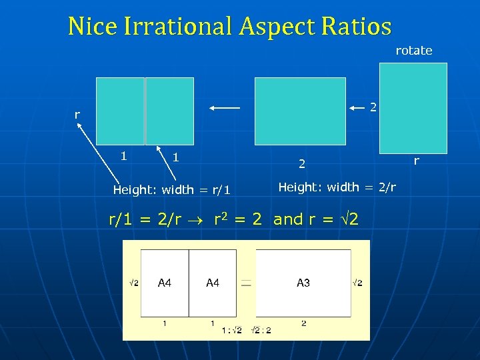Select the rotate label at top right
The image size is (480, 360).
pyautogui.click(x=413, y=51)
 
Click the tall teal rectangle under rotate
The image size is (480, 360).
pyautogui.click(x=413, y=108)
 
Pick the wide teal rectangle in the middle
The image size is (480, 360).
pyautogui.click(x=300, y=111)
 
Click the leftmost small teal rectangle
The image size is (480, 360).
pyautogui.click(x=120, y=111)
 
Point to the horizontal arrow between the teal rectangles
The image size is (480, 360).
pyautogui.click(x=224, y=107)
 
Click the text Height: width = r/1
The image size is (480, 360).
pyautogui.click(x=171, y=190)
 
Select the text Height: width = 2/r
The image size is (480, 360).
pyautogui.click(x=337, y=187)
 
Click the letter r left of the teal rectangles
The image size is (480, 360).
pyautogui.click(x=77, y=115)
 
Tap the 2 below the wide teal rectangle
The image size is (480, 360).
pyautogui.click(x=301, y=163)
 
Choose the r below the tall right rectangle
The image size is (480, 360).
pyautogui.click(x=417, y=160)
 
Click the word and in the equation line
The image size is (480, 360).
pyautogui.click(x=288, y=219)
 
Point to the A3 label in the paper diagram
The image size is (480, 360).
pyautogui.click(x=303, y=283)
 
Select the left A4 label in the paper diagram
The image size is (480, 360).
pyautogui.click(x=165, y=283)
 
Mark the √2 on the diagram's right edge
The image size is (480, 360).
pyautogui.click(x=357, y=283)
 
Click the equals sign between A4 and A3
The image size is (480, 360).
pyautogui.click(x=246, y=283)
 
